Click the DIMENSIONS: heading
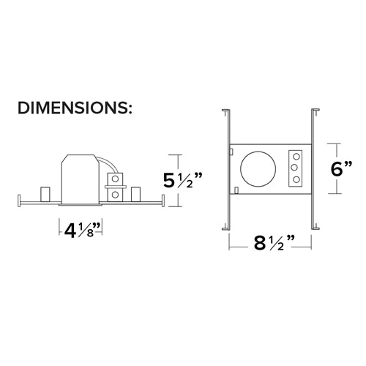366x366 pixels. [x=75, y=108]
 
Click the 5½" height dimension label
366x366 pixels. [x=183, y=181]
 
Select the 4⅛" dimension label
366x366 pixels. [x=83, y=230]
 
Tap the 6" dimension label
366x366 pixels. [x=341, y=168]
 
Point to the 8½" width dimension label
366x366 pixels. [x=274, y=243]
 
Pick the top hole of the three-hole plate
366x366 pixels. [x=296, y=156]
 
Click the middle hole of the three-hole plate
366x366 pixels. [x=295, y=168]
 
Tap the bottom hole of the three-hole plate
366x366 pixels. [x=296, y=179]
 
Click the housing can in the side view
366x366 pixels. [x=80, y=179]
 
